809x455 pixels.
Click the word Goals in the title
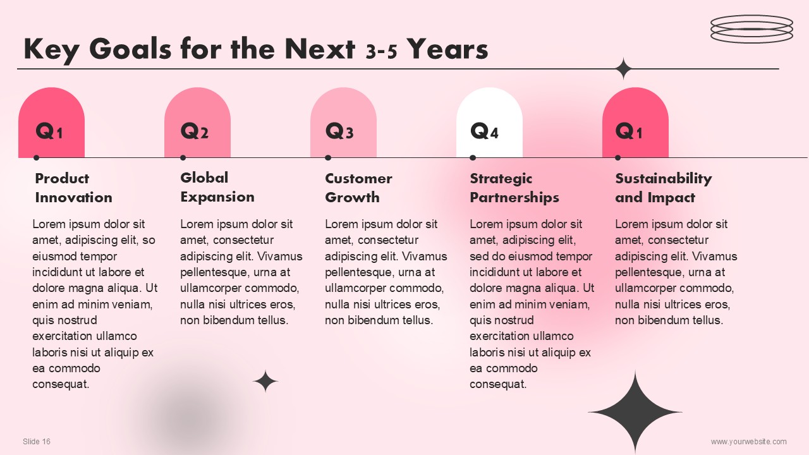tap(130, 49)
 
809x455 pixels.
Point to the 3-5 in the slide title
tap(381, 52)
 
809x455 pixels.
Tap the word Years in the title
tap(447, 49)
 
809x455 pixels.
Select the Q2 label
tap(194, 131)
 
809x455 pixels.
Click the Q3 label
tap(339, 131)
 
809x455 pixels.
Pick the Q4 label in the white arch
tap(484, 131)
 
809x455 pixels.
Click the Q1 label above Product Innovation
tap(49, 131)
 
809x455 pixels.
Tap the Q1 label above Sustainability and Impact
tap(629, 131)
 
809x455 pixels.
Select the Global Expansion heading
tap(217, 187)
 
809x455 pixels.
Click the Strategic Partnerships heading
tap(514, 188)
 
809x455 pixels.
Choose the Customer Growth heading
tap(358, 188)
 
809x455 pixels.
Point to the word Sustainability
tap(664, 178)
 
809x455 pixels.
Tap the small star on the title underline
tap(624, 69)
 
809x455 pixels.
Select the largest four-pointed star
tap(635, 411)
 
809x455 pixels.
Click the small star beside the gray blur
tap(265, 381)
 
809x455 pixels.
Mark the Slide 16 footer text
tap(37, 441)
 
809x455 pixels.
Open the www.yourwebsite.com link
tap(749, 441)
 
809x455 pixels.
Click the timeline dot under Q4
tap(473, 158)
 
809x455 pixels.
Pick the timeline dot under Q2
tap(183, 158)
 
